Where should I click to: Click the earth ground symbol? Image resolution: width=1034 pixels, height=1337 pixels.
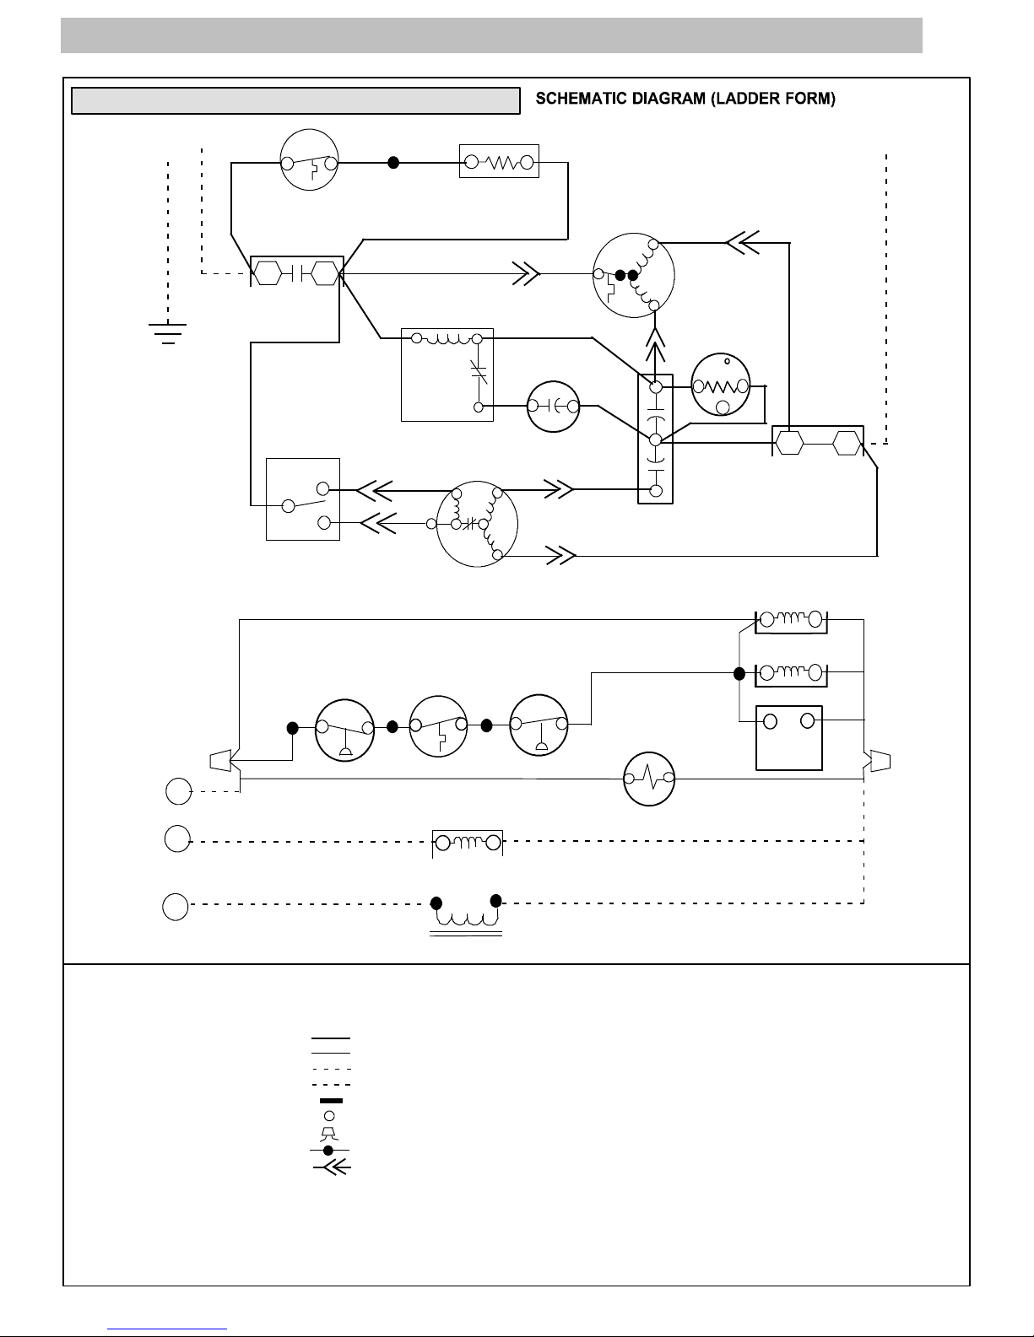[167, 333]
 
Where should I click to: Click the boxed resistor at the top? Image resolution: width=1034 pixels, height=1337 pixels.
[499, 161]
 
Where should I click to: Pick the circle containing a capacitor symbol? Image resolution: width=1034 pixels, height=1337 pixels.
[554, 406]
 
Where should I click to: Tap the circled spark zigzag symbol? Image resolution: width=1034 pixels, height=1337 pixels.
[649, 779]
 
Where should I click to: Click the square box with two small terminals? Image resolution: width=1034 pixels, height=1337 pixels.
[789, 738]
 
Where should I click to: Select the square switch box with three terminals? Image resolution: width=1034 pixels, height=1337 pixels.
[303, 499]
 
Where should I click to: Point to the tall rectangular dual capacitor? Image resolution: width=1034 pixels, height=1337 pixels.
[655, 439]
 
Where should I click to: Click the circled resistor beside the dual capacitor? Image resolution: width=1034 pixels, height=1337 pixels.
[721, 385]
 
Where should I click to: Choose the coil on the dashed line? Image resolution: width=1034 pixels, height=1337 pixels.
[468, 843]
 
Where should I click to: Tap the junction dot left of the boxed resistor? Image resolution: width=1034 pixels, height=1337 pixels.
[393, 163]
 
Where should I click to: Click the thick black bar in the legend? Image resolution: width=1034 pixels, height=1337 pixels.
[331, 1101]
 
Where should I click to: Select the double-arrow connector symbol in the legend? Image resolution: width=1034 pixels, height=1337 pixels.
[333, 1167]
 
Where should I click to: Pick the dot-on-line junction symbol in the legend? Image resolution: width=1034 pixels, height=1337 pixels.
[328, 1150]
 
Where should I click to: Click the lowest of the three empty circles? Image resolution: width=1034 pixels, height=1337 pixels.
[176, 907]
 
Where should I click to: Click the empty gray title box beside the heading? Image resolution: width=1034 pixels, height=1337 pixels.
[295, 101]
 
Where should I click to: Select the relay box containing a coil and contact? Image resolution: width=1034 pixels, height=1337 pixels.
[447, 375]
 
